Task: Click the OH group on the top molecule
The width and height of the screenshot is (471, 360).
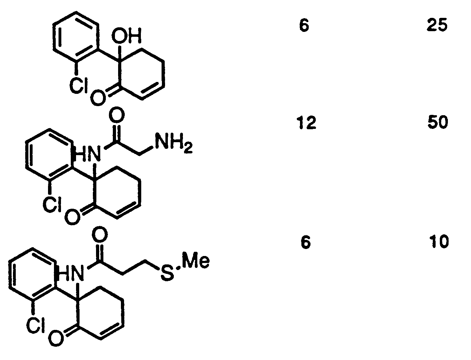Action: (x=127, y=35)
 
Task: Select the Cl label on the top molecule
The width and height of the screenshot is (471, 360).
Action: (x=78, y=85)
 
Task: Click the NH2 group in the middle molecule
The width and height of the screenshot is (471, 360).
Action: (x=173, y=143)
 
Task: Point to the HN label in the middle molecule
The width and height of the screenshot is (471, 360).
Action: (x=87, y=154)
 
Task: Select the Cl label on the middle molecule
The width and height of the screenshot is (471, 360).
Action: (x=52, y=205)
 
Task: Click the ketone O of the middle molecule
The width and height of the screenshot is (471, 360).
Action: (x=73, y=217)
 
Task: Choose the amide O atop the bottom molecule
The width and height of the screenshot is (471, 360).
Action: (x=100, y=234)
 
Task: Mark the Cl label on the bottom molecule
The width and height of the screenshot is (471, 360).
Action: (x=36, y=324)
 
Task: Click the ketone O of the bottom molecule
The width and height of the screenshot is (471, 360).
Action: (x=56, y=338)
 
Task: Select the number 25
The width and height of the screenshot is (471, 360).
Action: (x=437, y=25)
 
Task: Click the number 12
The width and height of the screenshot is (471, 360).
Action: (x=307, y=123)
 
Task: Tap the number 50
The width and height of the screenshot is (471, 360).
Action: (x=438, y=122)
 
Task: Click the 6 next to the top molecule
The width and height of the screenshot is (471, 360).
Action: (x=304, y=25)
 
